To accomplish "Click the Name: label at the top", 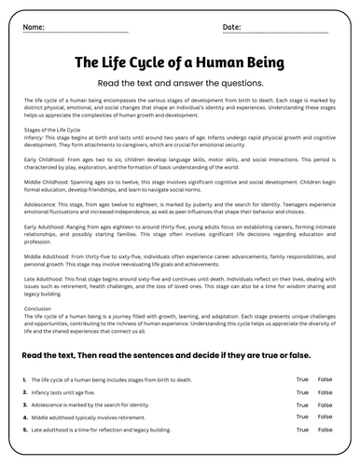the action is pos(33,27).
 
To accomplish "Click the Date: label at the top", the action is pos(231,27).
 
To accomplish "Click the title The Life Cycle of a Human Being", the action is pos(180,63).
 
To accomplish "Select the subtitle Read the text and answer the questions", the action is pos(180,82).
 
